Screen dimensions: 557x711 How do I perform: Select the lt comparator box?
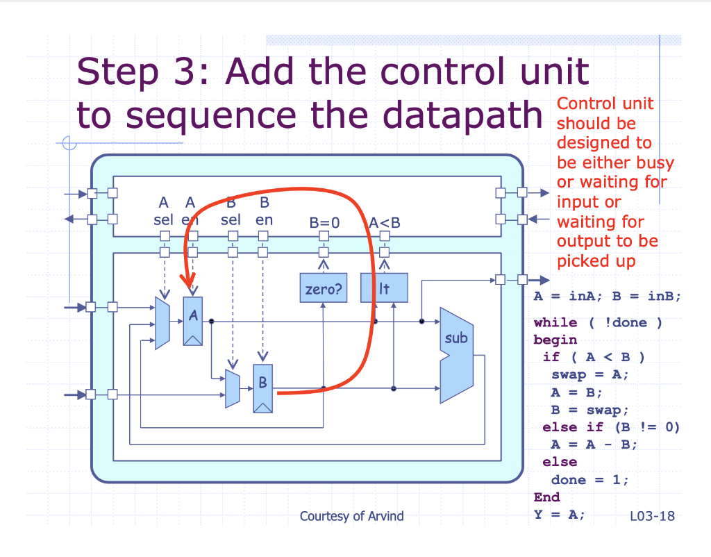point(384,288)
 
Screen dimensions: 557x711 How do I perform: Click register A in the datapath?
point(193,321)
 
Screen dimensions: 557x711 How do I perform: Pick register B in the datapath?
point(263,388)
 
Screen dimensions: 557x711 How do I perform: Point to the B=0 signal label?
point(324,224)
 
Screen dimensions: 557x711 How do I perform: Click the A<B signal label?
point(385,224)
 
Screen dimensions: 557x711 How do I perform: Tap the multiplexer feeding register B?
point(233,388)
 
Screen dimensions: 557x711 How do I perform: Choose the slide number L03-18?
point(652,516)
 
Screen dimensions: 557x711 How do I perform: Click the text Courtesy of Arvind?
point(351,516)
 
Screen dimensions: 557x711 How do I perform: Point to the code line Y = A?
point(560,515)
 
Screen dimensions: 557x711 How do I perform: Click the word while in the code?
point(555,323)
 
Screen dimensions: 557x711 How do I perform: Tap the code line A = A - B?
point(594,444)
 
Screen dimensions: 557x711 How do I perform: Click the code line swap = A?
point(589,375)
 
